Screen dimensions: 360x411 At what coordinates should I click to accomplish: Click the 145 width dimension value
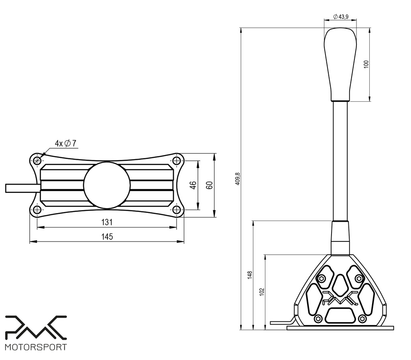(107, 237)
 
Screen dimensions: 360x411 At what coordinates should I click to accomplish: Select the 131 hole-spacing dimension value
(107, 222)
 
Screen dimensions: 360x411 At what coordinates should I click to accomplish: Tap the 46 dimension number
(193, 185)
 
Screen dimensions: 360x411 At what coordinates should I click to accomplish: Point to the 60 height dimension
(209, 185)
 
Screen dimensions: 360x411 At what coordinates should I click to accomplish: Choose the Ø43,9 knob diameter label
(340, 17)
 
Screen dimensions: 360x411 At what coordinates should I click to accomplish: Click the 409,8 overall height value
(237, 179)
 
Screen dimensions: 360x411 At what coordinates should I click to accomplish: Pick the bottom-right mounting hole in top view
(176, 210)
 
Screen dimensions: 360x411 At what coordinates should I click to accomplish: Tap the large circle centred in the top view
(107, 185)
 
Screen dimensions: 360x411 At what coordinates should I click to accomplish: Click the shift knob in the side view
(340, 64)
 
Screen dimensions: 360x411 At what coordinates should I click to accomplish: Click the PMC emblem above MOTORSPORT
(35, 326)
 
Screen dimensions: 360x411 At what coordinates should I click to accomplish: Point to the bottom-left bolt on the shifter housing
(318, 319)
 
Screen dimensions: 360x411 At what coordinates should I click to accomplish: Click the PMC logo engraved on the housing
(340, 298)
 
